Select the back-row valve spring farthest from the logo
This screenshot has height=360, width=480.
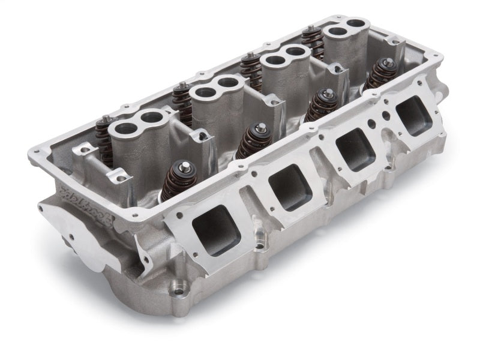point(311,40)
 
